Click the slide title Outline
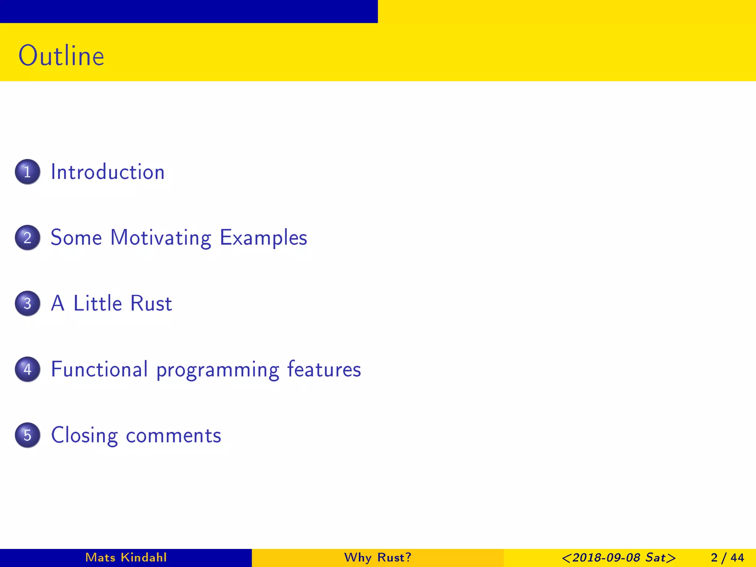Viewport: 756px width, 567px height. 61,56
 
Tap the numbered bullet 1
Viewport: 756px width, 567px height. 27,172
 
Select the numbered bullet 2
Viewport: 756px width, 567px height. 27,237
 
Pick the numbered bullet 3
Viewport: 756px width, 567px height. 27,303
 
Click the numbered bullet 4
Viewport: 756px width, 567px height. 27,369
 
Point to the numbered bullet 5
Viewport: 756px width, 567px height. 27,435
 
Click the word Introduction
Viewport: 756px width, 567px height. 107,172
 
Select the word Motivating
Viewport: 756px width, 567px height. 161,238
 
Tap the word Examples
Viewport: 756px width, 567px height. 263,238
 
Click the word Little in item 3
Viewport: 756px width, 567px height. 97,303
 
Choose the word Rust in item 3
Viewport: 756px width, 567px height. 151,303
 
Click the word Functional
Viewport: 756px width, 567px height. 99,369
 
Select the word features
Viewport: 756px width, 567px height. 324,369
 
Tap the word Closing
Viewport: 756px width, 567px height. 84,436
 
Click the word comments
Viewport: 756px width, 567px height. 173,436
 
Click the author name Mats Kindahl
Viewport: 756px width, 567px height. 126,557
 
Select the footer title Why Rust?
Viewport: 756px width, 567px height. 378,557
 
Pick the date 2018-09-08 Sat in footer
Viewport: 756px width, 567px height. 619,557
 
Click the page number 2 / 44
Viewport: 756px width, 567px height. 727,557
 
